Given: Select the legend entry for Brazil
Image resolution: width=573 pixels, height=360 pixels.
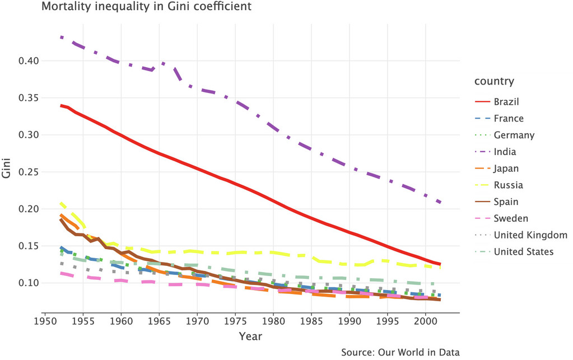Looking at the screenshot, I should pyautogui.click(x=506, y=102).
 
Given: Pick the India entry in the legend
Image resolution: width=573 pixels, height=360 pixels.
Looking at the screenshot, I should pyautogui.click(x=505, y=152).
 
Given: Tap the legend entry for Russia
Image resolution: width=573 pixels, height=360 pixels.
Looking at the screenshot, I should pyautogui.click(x=508, y=185).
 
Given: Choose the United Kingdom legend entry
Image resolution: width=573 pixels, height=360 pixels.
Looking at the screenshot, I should pyautogui.click(x=530, y=235).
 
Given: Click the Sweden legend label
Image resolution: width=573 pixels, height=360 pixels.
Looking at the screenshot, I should pyautogui.click(x=510, y=218).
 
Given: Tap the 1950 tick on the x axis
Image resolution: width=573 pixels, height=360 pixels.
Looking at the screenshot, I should pyautogui.click(x=45, y=322).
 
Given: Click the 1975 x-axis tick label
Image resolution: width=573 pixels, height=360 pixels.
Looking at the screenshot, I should pyautogui.click(x=235, y=322).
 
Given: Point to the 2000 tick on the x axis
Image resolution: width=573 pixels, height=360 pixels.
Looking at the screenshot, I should pyautogui.click(x=425, y=322).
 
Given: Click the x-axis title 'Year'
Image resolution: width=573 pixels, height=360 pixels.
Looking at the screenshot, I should pyautogui.click(x=250, y=336).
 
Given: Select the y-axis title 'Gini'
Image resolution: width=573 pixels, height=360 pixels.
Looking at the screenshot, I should pyautogui.click(x=7, y=172).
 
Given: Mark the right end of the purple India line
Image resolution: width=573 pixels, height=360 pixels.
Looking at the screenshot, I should pyautogui.click(x=440, y=202).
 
